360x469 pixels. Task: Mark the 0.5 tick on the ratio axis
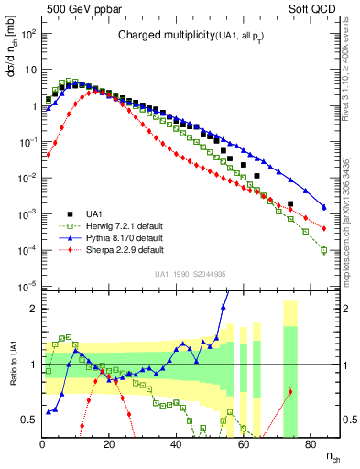[30, 420]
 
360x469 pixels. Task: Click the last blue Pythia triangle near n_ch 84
[323, 206]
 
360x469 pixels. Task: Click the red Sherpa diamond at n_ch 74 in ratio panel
[290, 392]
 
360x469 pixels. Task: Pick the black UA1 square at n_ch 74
[290, 204]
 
